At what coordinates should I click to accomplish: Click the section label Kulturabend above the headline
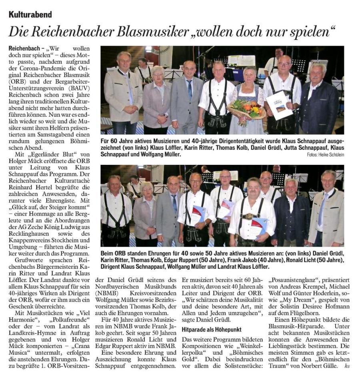point(30,15)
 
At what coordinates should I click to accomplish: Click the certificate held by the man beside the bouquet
point(280,105)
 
